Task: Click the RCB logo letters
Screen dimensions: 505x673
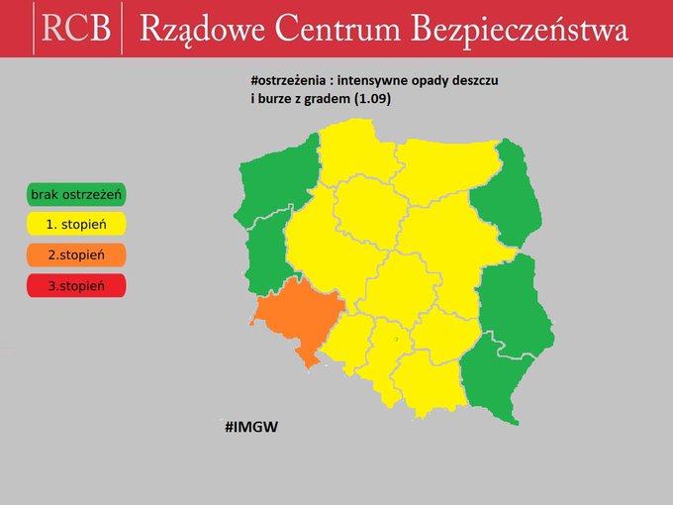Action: [76, 28]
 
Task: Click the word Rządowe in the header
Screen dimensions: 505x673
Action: [198, 29]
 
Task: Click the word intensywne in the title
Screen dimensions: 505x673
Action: [384, 82]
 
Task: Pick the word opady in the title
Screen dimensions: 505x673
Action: [445, 82]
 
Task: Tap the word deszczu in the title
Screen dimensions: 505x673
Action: [496, 82]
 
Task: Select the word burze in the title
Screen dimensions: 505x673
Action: [279, 99]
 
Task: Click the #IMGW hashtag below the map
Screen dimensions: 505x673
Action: [250, 427]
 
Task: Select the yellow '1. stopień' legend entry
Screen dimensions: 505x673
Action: [76, 224]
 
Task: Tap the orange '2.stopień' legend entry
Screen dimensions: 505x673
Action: [76, 254]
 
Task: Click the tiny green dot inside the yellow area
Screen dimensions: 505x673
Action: [395, 339]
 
